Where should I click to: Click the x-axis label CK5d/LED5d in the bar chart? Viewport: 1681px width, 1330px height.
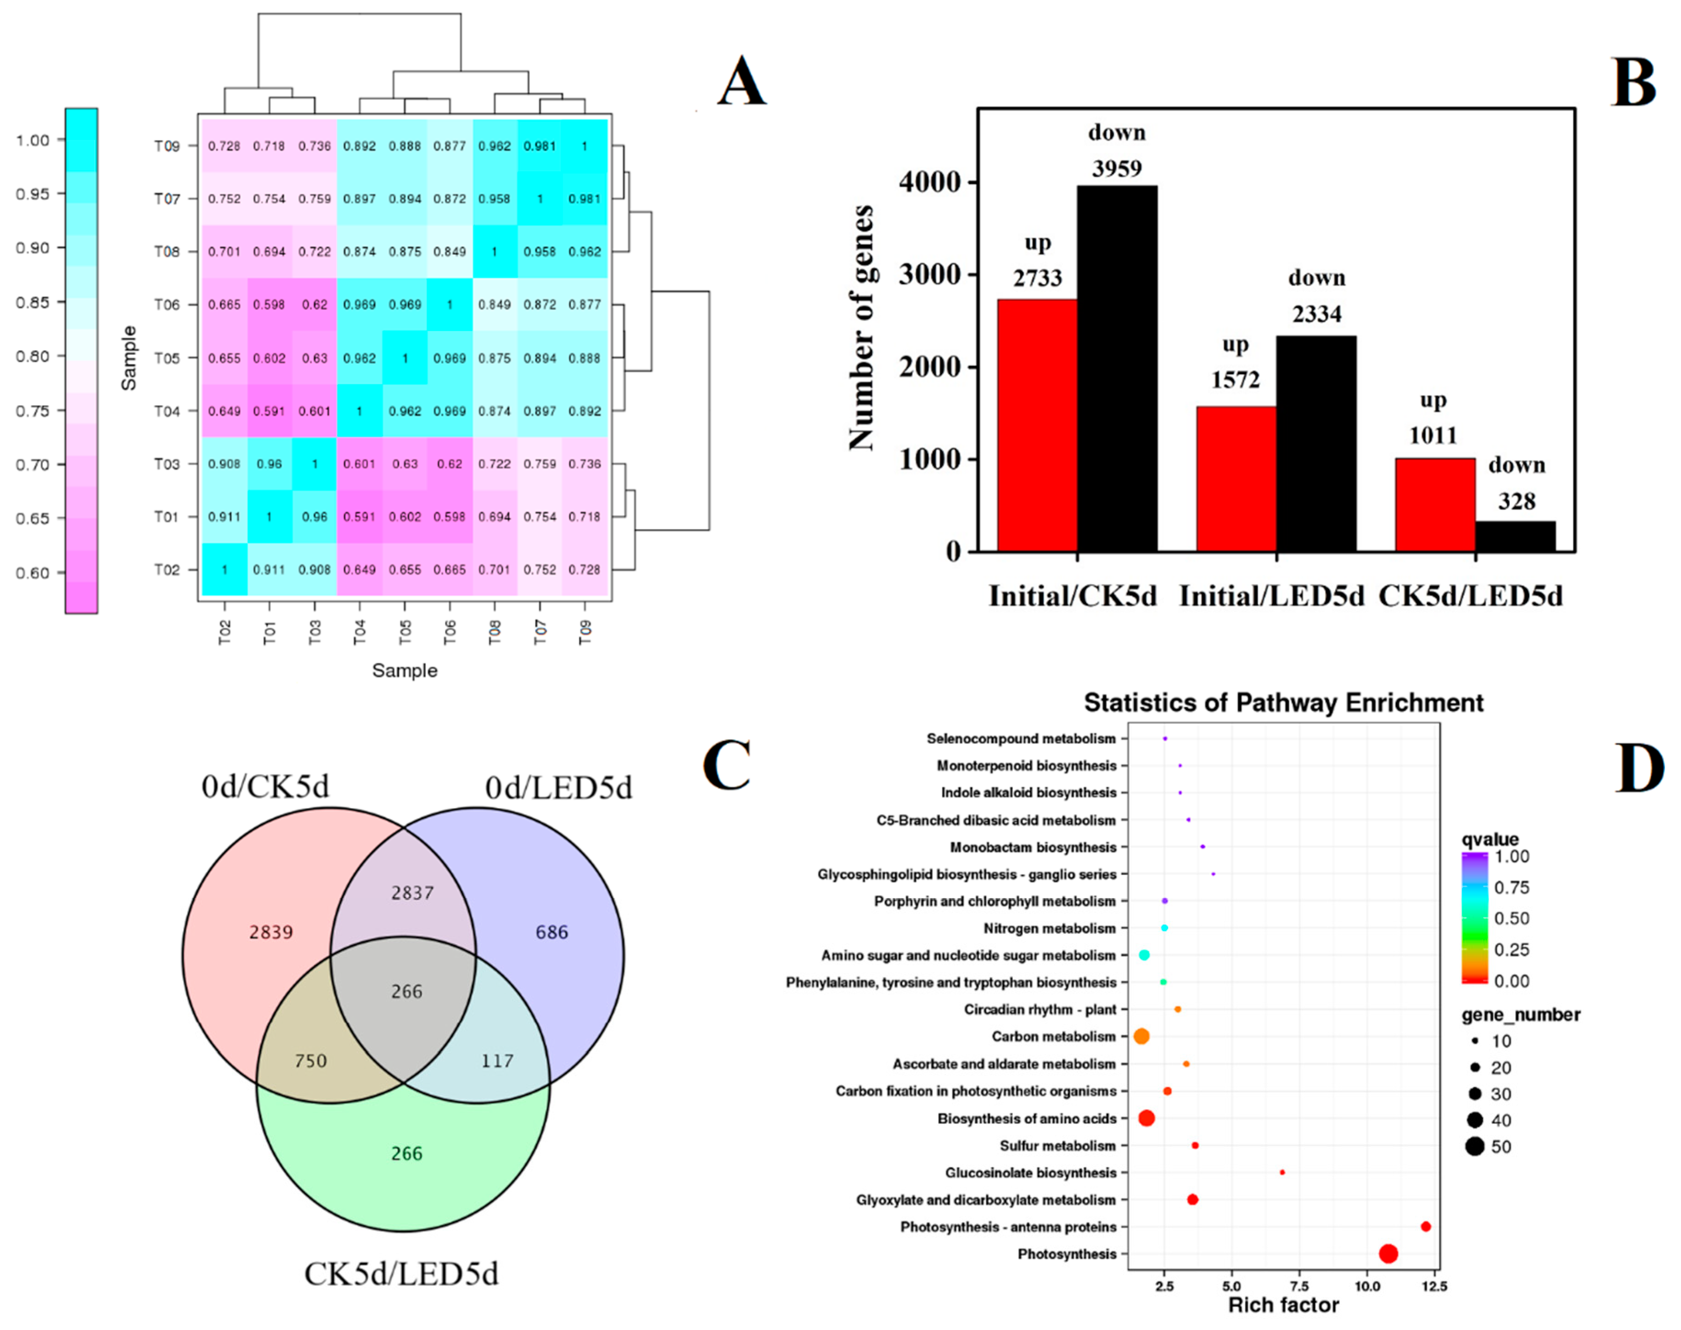pyautogui.click(x=1470, y=596)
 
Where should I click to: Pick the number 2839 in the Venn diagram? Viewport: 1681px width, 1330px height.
pyautogui.click(x=271, y=932)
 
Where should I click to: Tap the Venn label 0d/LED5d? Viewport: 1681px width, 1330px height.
pyautogui.click(x=558, y=788)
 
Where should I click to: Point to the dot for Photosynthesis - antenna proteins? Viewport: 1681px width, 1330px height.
pyautogui.click(x=1426, y=1226)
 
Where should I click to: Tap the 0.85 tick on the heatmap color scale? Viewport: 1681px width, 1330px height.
pyautogui.click(x=32, y=302)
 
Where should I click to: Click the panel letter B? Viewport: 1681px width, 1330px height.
pyautogui.click(x=1633, y=83)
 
